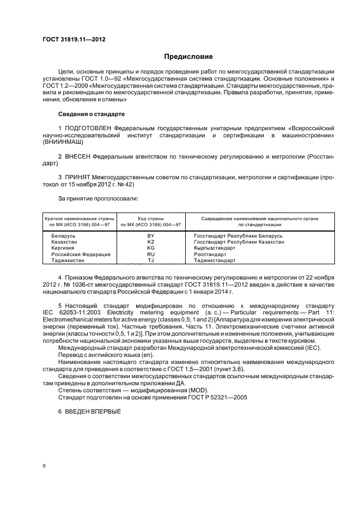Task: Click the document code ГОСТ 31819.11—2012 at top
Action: [x=74, y=40]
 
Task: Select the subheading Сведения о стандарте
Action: [x=91, y=114]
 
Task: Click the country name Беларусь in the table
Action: [x=63, y=236]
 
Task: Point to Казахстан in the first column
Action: [x=65, y=242]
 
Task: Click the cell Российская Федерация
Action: [x=81, y=254]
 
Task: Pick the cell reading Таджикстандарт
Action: [x=215, y=260]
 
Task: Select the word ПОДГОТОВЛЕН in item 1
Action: [x=86, y=128]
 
